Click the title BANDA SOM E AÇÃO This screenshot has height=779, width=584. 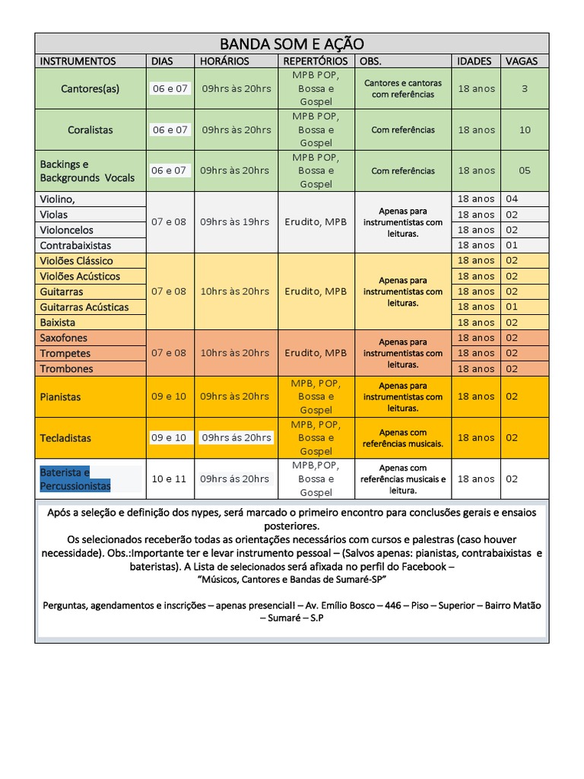point(292,43)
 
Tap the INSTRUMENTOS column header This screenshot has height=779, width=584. point(78,61)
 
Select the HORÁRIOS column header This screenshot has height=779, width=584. point(224,61)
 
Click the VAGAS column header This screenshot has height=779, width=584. point(521,61)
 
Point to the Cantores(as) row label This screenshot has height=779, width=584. point(90,88)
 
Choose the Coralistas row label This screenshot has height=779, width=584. point(90,129)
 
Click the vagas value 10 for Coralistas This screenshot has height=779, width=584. point(525,129)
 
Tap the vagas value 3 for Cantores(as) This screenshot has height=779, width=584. point(525,88)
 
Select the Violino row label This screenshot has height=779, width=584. point(58,199)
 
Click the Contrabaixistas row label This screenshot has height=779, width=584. point(76,246)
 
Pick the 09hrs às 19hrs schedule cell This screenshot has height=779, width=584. point(235,222)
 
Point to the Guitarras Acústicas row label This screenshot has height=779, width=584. point(84,307)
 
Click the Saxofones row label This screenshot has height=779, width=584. point(64,338)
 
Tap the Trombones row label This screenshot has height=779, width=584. point(67,369)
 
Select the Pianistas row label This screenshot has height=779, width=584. point(61,396)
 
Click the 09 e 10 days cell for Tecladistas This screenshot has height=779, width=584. point(169,437)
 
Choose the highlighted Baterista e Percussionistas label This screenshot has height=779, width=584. point(75,479)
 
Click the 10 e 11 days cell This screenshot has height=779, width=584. point(169,479)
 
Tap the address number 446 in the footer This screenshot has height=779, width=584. point(393,606)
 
